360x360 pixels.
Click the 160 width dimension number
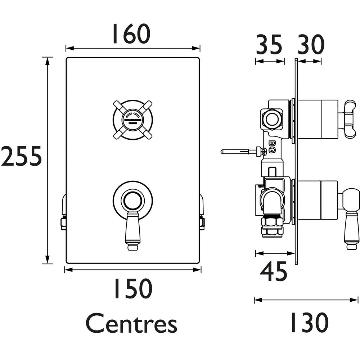130,34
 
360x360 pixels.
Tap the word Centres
131,323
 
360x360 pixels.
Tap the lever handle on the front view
131,229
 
